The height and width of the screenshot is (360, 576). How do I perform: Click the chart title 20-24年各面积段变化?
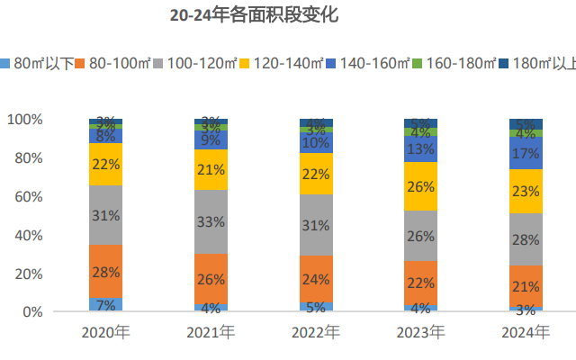pyautogui.click(x=254, y=15)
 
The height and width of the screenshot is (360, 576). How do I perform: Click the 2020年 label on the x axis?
pyautogui.click(x=106, y=332)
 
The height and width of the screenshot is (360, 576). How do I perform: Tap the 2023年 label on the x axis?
pyautogui.click(x=421, y=332)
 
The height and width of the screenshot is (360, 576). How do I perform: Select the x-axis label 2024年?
pyautogui.click(x=526, y=332)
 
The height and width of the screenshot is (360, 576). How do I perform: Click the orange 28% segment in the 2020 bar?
pyautogui.click(x=106, y=271)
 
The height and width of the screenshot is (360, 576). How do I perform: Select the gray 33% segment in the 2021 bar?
pyautogui.click(x=211, y=222)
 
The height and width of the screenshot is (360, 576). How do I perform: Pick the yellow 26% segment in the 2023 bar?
pyautogui.click(x=421, y=186)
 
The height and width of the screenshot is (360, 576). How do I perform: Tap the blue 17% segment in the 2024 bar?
pyautogui.click(x=526, y=153)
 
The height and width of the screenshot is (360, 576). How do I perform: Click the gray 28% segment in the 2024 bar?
pyautogui.click(x=526, y=239)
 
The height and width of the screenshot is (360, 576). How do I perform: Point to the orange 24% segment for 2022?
pyautogui.click(x=316, y=278)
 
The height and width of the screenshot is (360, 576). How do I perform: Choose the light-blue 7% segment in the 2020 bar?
pyautogui.click(x=106, y=304)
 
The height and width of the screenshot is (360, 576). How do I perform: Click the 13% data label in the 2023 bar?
pyautogui.click(x=421, y=148)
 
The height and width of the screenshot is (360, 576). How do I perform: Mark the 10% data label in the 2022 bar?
pyautogui.click(x=316, y=142)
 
